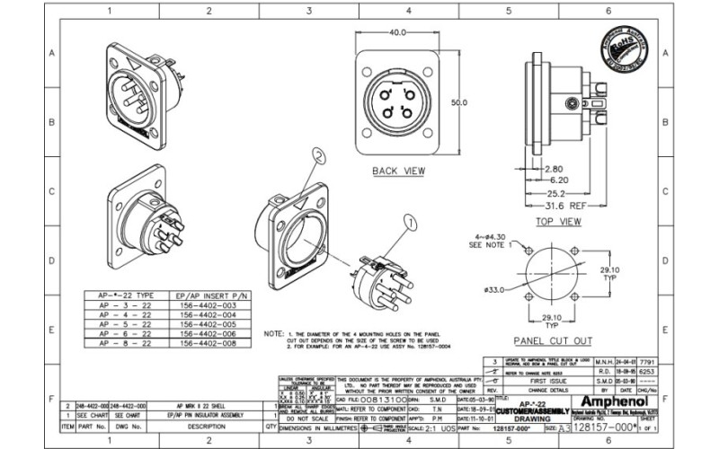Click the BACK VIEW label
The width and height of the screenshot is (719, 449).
[398, 170]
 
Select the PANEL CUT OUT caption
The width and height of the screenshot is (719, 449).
[552, 340]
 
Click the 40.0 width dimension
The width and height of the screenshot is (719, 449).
[398, 33]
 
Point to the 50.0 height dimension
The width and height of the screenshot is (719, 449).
[459, 103]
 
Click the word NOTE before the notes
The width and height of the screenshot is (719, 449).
[273, 333]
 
